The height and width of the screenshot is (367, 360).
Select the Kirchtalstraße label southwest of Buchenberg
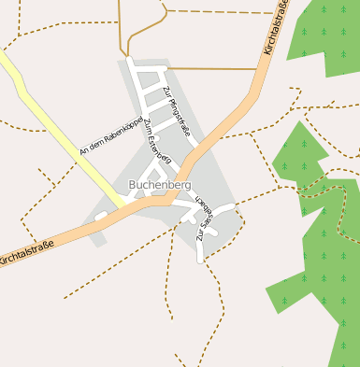coord(26,249)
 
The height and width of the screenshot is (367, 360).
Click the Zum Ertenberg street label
coord(158,146)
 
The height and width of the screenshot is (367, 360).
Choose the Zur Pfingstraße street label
coord(176,111)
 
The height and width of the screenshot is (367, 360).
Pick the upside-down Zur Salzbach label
coord(205,219)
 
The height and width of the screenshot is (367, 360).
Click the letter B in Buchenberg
coord(134,185)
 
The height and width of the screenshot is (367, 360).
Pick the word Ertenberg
coord(162,153)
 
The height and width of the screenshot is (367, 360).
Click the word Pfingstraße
coord(179,117)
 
